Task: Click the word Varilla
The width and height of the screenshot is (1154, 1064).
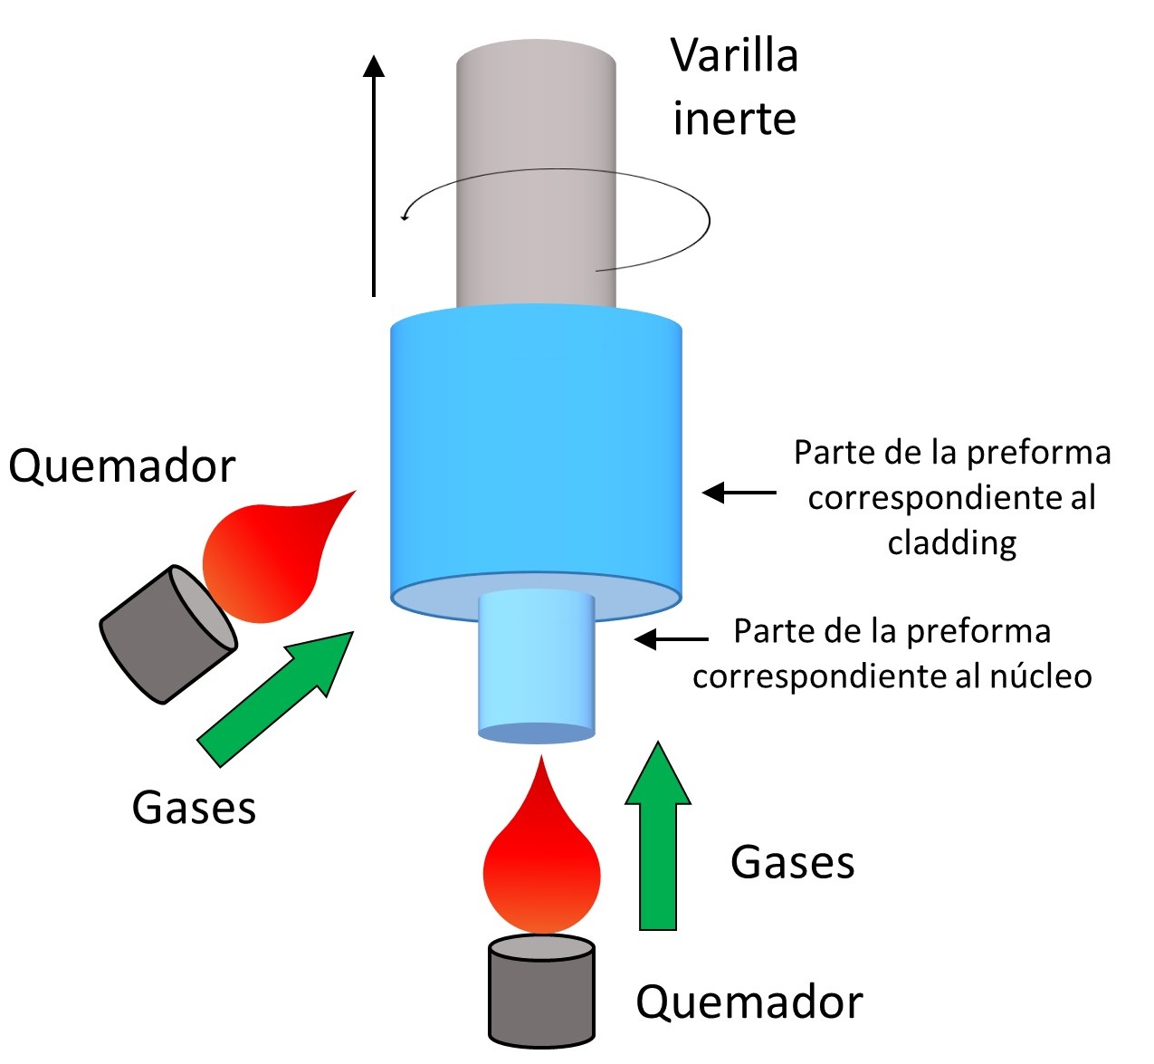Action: point(734,56)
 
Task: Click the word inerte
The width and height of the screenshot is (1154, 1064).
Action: point(734,120)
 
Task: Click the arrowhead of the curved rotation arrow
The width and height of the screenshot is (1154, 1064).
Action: point(405,216)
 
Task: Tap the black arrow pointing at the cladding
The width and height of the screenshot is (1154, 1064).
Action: point(739,493)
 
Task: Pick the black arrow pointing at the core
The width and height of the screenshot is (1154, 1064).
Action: point(671,639)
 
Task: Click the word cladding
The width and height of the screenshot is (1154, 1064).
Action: point(951,542)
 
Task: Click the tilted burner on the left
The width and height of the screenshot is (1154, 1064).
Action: point(167,634)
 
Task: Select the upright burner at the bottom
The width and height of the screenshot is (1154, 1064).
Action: point(541,992)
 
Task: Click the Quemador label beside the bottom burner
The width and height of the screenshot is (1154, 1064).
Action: point(749,1002)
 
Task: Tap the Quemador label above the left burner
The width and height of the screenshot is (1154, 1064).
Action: point(121,466)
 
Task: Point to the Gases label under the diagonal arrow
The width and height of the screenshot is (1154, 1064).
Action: point(194,807)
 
